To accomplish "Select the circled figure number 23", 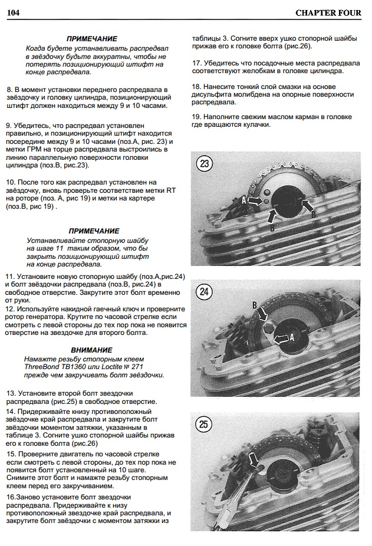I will [205, 164].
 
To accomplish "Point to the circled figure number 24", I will [204, 291].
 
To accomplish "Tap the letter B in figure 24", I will [254, 305].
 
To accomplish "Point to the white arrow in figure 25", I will [254, 459].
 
